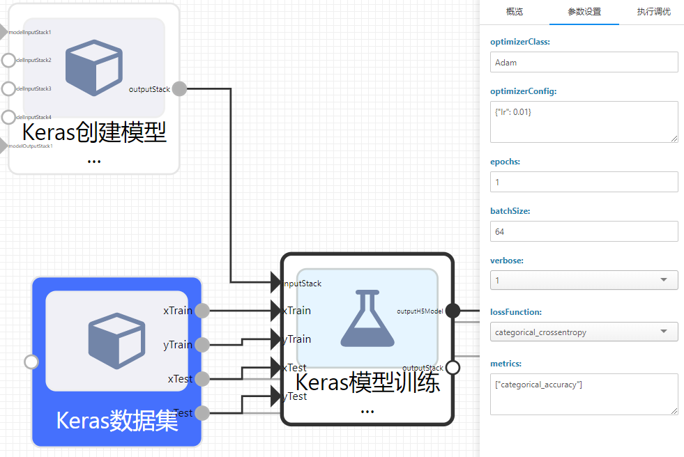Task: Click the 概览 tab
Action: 514,12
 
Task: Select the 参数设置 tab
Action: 584,12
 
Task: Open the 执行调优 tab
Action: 654,12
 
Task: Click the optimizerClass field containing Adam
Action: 584,62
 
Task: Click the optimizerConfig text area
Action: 584,121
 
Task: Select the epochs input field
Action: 584,182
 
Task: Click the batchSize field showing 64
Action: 584,231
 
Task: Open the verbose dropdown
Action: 584,280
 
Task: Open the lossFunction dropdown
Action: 584,332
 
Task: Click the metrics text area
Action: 584,394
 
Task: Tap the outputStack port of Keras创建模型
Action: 179,88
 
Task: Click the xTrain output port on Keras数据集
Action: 202,311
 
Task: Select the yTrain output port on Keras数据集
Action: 202,345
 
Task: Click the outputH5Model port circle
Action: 453,311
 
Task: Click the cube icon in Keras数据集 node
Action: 116,341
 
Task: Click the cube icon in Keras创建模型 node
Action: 93,68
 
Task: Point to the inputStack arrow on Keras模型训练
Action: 276,283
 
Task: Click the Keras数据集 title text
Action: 116,421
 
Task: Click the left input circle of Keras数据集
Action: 31,362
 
